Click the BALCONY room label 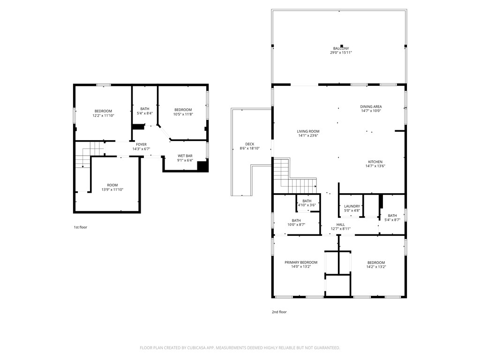pyautogui.click(x=341, y=48)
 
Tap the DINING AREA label pyautogui.click(x=371, y=106)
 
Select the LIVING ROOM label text pyautogui.click(x=308, y=131)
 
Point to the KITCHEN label pyautogui.click(x=375, y=162)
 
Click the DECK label pyautogui.click(x=249, y=144)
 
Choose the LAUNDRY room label pyautogui.click(x=352, y=206)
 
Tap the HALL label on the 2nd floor pyautogui.click(x=340, y=225)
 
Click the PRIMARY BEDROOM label pyautogui.click(x=301, y=262)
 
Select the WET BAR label pyautogui.click(x=185, y=156)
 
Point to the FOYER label pyautogui.click(x=141, y=144)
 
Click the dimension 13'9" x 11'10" pyautogui.click(x=112, y=189)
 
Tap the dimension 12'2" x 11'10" pyautogui.click(x=103, y=115)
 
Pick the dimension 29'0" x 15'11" pyautogui.click(x=341, y=52)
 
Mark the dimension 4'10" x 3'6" pyautogui.click(x=307, y=205)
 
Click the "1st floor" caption pyautogui.click(x=80, y=227)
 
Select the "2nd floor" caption pyautogui.click(x=279, y=312)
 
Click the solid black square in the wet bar pyautogui.click(x=202, y=166)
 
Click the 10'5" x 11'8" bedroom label pyautogui.click(x=183, y=110)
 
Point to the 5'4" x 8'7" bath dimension pyautogui.click(x=392, y=220)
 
